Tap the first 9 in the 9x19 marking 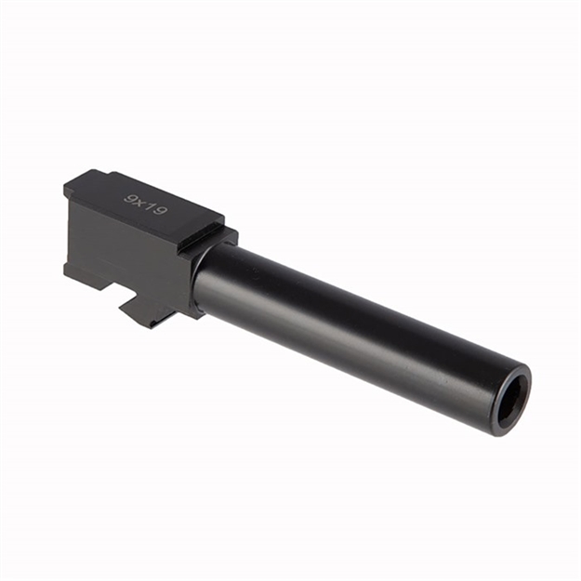(x=130, y=196)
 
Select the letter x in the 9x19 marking (x=141, y=201)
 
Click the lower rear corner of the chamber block (x=66, y=271)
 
